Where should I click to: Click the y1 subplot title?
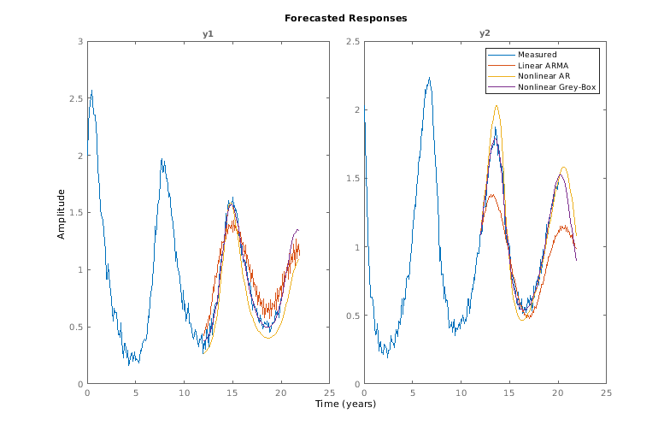[x=208, y=33]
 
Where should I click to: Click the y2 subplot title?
[x=485, y=33]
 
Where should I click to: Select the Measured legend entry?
[x=537, y=56]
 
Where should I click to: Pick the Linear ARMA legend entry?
[x=544, y=66]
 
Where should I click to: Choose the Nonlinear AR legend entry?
[x=544, y=76]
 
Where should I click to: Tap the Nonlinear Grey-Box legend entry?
[x=556, y=86]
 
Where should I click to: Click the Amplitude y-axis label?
[x=61, y=212]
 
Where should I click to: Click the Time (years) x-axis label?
[x=346, y=404]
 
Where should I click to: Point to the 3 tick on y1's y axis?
[x=79, y=41]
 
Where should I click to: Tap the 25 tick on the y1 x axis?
[x=328, y=393]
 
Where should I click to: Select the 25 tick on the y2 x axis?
[x=606, y=393]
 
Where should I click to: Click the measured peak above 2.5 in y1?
[x=91, y=91]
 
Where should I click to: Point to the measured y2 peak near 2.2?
[x=429, y=78]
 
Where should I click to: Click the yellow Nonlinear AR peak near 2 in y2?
[x=497, y=106]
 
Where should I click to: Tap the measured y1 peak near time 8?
[x=162, y=159]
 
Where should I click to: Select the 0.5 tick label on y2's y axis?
[x=352, y=316]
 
